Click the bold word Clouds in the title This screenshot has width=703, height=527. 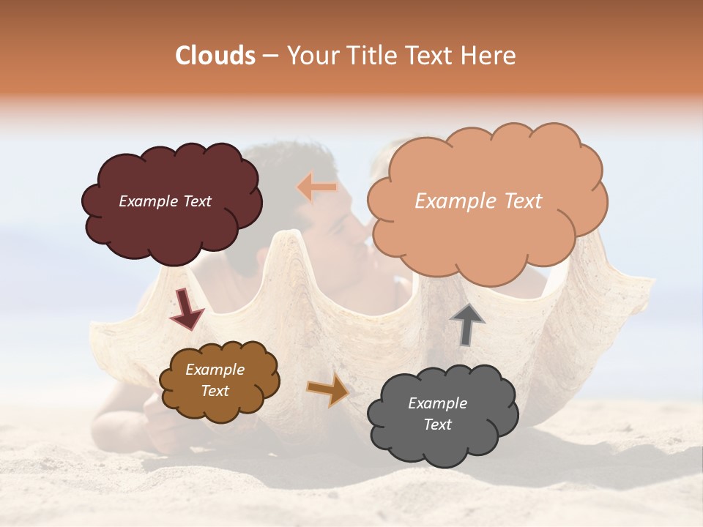[x=216, y=56]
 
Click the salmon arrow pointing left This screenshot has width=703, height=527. [x=317, y=188]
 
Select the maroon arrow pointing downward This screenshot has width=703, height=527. [x=186, y=309]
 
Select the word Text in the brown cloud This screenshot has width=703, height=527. [x=215, y=391]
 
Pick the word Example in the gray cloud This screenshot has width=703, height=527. [x=437, y=403]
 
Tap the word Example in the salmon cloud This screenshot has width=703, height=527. [x=455, y=201]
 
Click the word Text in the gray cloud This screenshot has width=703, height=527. [x=437, y=425]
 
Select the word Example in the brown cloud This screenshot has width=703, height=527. [x=215, y=370]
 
